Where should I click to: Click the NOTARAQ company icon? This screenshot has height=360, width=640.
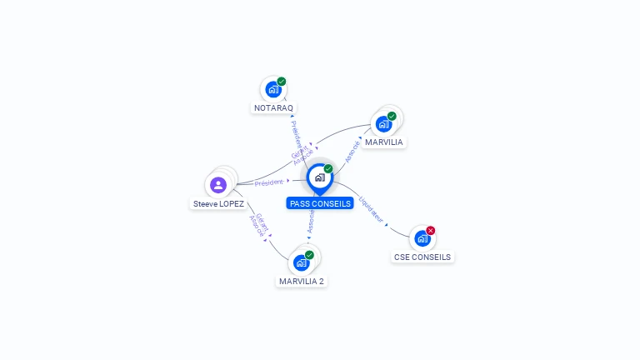pos(272,89)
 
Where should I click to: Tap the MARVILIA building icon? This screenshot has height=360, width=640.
pos(383,123)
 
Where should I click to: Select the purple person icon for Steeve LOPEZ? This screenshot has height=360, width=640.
pos(218,185)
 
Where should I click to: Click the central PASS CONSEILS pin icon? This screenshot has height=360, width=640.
pos(319,177)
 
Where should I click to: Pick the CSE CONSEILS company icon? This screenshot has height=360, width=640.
pos(422,238)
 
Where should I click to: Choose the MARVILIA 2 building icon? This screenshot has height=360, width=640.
pos(302,262)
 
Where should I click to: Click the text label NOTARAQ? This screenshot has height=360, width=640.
pos(273,108)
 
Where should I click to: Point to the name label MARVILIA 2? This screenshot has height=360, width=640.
pos(302,282)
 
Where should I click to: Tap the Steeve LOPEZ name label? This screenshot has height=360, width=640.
pos(218,204)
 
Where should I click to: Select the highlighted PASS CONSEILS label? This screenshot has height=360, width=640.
pos(320,203)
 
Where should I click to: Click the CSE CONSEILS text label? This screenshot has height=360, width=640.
pos(422,257)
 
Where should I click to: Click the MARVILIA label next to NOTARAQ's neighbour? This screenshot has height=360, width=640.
pos(383,142)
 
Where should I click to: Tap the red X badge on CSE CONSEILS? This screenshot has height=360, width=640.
pos(431,230)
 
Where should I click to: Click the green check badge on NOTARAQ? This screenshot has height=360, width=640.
pos(282,82)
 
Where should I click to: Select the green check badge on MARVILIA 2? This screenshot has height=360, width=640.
pos(310,254)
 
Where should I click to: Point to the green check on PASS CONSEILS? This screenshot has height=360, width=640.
pos(328,169)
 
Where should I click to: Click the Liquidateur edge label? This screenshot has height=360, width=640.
pos(372,208)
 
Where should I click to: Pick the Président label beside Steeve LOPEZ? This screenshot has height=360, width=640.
pos(269,182)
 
